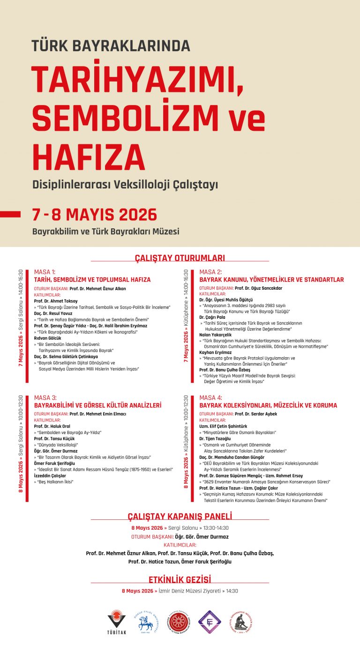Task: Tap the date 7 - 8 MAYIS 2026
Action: coord(94,214)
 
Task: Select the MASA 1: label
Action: coord(45,272)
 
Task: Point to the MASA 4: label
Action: coord(210,397)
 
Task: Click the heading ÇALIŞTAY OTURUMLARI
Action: coord(180,258)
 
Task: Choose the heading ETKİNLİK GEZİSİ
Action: coord(180,579)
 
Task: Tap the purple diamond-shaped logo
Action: coord(210,622)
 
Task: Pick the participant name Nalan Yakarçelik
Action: coord(215,335)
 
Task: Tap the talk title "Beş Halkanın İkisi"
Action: coord(55,481)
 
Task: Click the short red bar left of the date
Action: coord(10,214)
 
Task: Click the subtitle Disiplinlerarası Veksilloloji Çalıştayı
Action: coord(125,185)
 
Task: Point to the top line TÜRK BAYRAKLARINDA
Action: coord(111,45)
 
